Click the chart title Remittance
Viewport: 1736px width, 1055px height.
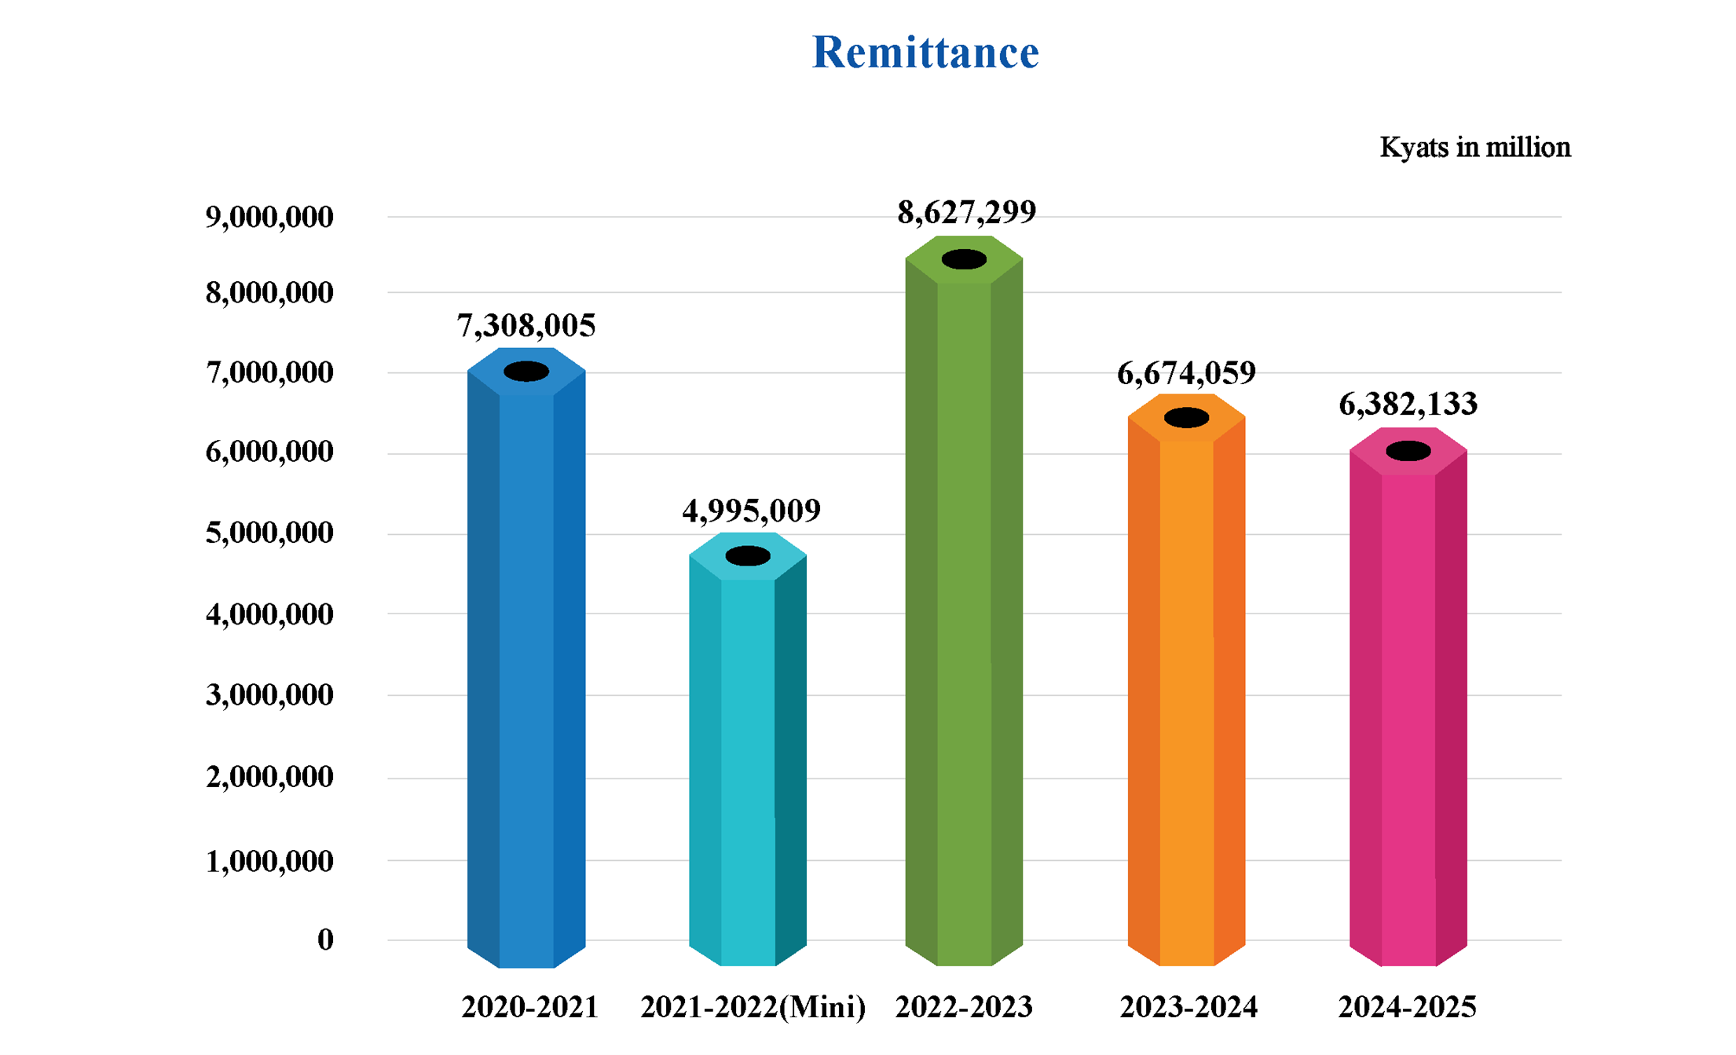pos(925,53)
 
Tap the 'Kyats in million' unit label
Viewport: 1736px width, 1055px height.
pos(1474,148)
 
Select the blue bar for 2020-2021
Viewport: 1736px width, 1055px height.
pos(526,668)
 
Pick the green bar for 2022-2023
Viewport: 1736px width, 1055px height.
pos(964,613)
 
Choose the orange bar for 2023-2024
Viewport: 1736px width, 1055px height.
pos(1186,691)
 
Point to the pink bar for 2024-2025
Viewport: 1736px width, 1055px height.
pos(1408,707)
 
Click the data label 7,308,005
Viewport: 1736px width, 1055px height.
pos(526,326)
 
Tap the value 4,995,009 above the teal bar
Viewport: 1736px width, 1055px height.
pos(751,511)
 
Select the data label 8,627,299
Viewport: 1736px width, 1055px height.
pos(966,212)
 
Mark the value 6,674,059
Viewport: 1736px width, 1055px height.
pos(1186,373)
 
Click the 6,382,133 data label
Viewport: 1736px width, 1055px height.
pos(1408,405)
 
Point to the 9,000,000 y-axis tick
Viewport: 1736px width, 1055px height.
pos(269,218)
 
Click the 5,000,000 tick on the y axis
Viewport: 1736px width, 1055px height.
pos(269,533)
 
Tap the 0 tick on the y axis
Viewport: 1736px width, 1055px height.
pos(325,940)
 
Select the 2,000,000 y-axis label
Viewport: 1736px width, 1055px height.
pos(269,777)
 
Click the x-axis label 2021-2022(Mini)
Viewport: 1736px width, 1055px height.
pos(753,1007)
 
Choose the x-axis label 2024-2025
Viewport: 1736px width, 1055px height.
pos(1407,1007)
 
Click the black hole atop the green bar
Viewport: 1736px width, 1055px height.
pos(964,259)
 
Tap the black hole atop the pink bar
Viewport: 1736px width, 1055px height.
pos(1408,451)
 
